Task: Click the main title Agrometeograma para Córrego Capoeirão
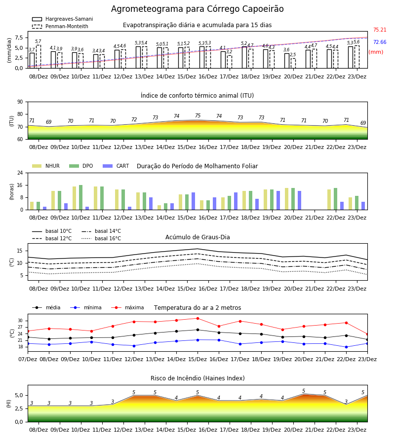click(x=197, y=9)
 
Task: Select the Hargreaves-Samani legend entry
click(x=62, y=19)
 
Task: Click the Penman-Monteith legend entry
click(x=60, y=26)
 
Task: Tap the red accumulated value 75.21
click(x=380, y=30)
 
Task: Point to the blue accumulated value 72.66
click(x=380, y=42)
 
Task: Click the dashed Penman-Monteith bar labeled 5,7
click(x=39, y=57)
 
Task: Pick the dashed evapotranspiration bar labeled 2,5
click(x=293, y=63)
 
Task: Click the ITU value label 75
click(x=198, y=115)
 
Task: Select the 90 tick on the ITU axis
click(x=20, y=102)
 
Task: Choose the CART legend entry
click(x=116, y=166)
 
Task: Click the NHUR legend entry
click(x=46, y=166)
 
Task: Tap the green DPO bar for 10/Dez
click(x=81, y=197)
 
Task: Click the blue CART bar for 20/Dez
click(x=300, y=200)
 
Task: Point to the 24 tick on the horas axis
click(x=20, y=173)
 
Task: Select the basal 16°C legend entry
click(x=101, y=238)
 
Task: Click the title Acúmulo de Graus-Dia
click(x=197, y=237)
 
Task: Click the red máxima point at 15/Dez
click(x=198, y=318)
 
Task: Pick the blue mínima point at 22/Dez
click(x=346, y=347)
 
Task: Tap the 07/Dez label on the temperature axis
click(x=28, y=359)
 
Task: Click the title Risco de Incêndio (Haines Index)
click(x=197, y=378)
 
